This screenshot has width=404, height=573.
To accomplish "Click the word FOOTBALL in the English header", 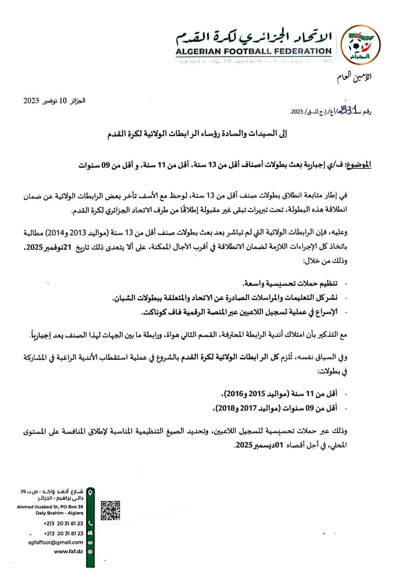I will click(x=255, y=51).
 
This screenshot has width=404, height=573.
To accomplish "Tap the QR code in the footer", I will click(x=110, y=510).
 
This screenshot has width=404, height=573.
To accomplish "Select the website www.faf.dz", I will click(x=69, y=551).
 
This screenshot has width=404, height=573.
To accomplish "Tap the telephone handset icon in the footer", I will click(x=90, y=523).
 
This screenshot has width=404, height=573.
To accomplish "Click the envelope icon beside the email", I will click(x=90, y=542).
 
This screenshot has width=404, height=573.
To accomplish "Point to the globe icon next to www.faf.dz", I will click(x=90, y=551).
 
